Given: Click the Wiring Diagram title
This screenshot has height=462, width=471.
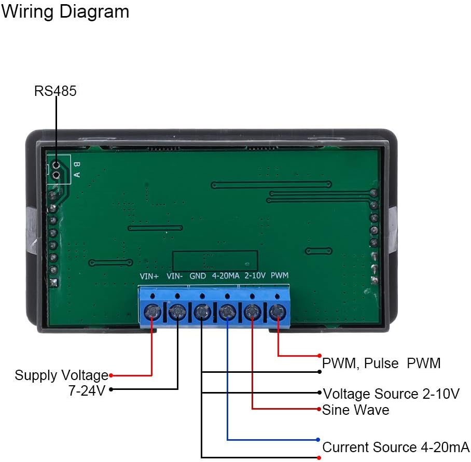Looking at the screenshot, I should [65, 11].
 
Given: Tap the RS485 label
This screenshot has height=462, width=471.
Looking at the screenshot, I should [55, 91].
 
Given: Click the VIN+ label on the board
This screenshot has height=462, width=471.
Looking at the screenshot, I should [149, 276].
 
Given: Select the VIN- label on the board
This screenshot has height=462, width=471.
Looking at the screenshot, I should [175, 276].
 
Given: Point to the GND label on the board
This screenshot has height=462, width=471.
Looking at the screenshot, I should [198, 276].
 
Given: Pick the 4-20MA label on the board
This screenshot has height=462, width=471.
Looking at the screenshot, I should [226, 276].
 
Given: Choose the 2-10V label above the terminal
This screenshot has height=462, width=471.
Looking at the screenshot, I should [255, 276].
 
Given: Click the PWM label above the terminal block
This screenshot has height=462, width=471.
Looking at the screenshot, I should [280, 276].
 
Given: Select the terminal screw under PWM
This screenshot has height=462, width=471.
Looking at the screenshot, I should [278, 313].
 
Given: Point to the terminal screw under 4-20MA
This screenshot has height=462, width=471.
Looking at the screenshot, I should [227, 313].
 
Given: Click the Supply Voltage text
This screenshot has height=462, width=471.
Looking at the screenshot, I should [61, 375].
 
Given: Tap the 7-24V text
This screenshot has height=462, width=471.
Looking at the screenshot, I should [87, 390].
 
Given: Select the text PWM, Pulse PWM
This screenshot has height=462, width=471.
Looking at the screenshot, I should [381, 363].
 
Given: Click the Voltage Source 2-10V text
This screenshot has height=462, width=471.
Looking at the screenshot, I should [391, 394].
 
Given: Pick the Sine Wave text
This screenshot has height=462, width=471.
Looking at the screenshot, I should [356, 410].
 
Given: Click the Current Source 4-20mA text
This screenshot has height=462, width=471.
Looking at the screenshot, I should [396, 447].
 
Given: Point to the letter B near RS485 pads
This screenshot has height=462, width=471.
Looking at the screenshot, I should [77, 165].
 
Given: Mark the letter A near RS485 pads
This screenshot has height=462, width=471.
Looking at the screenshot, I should [77, 175].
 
